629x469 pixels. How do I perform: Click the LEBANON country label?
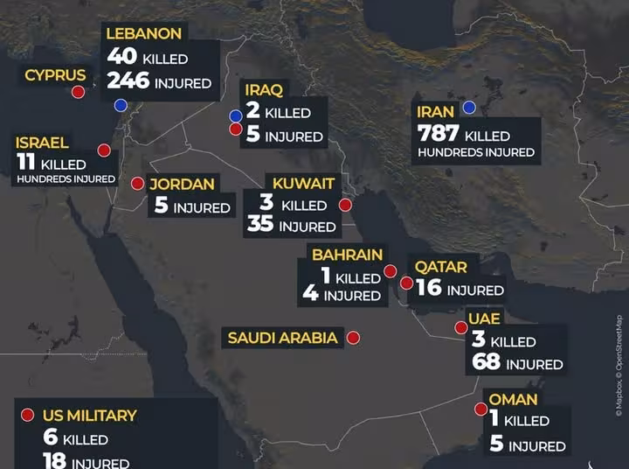[x=143, y=34]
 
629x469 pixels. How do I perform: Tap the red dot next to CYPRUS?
[x=78, y=92]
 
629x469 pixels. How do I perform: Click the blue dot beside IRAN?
[x=469, y=108]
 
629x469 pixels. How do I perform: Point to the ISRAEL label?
[x=42, y=143]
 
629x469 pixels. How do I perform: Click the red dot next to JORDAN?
[x=137, y=184]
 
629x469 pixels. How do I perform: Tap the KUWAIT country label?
[x=303, y=183]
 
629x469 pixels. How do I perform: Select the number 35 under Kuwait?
[x=260, y=226]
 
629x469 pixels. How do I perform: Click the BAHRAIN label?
[x=347, y=255]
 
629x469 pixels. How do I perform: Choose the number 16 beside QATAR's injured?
[x=428, y=289]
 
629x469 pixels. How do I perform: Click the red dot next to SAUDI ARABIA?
[x=353, y=337]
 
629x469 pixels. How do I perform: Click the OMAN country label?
[x=513, y=400]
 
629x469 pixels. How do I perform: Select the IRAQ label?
[x=263, y=90]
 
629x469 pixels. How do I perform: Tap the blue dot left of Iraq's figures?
[x=235, y=115]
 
